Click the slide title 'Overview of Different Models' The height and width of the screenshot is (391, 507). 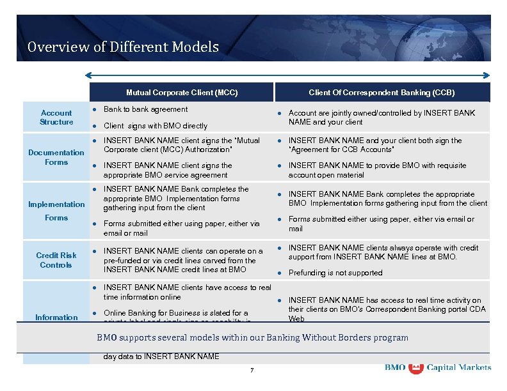123,47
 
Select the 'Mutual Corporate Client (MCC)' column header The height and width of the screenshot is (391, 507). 182,93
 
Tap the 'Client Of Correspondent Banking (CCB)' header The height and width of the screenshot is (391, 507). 382,93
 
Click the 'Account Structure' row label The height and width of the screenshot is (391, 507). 56,118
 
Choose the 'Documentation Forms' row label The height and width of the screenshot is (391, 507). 56,157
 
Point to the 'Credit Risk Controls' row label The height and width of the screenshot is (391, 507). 56,260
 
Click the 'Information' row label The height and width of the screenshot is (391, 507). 56,318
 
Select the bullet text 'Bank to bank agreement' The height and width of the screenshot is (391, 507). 145,109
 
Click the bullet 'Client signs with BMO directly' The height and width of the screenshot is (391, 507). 155,126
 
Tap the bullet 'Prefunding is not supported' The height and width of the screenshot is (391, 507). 335,273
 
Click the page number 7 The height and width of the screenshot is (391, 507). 252,371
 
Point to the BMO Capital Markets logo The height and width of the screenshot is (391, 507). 438,368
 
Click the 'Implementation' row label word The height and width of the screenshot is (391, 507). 56,204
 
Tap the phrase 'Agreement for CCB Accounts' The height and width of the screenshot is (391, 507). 341,149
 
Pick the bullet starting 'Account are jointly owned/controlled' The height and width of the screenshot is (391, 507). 382,118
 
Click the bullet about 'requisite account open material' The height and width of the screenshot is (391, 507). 377,170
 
